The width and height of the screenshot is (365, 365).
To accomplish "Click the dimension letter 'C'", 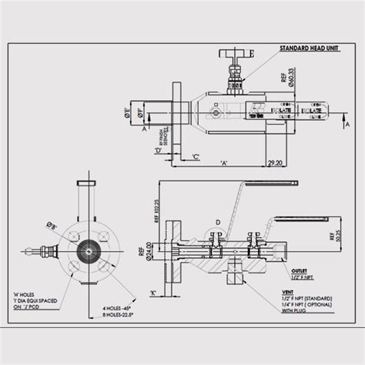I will (x=196, y=157).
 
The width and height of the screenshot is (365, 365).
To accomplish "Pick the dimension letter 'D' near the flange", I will (x=157, y=151).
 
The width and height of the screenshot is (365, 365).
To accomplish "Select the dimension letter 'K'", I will (x=153, y=293).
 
